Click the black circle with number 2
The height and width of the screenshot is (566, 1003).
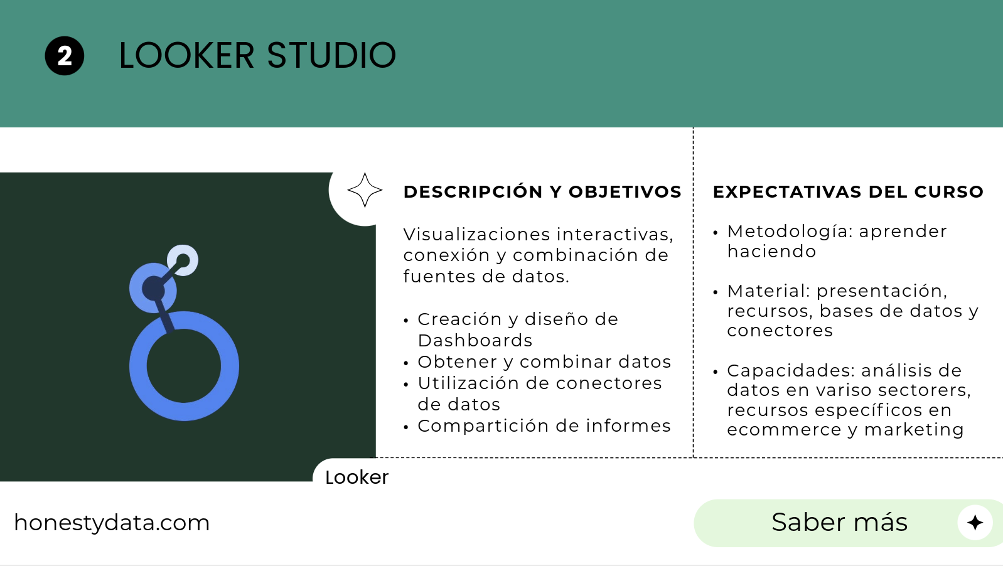[65, 56]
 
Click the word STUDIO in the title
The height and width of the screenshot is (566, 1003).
[331, 55]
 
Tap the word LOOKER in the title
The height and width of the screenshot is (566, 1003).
[186, 55]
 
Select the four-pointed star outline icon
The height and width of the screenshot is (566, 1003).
[365, 190]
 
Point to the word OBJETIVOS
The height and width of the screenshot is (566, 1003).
[625, 192]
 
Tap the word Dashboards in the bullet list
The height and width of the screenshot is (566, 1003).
[475, 341]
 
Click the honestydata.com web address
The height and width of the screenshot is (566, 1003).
[112, 523]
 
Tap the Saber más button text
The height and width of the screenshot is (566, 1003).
[840, 522]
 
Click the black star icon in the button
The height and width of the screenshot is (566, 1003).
[975, 523]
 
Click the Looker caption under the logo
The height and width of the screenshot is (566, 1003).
[357, 478]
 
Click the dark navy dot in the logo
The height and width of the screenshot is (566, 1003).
[153, 288]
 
